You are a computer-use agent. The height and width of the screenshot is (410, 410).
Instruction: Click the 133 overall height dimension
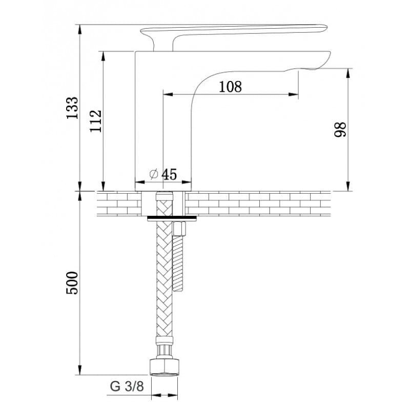72,108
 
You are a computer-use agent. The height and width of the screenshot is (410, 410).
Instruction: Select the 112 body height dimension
95,121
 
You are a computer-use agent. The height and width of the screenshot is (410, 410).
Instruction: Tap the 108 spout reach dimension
230,87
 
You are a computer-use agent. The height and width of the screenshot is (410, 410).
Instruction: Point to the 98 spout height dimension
340,129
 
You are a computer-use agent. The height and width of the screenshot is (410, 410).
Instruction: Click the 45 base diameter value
169,174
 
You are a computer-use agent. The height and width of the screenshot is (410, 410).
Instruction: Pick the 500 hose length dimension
72,283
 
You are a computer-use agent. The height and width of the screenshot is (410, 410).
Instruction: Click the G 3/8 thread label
127,386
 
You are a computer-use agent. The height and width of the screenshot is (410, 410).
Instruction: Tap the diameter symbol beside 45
154,174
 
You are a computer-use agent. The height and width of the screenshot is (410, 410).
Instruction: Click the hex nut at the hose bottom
165,368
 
